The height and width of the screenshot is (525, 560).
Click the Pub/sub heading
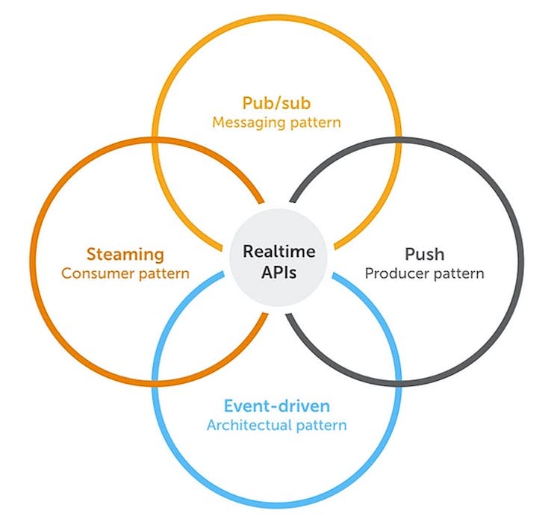[x=277, y=102]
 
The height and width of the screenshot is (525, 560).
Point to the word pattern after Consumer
[x=162, y=273]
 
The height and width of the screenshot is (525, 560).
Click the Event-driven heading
[x=277, y=407]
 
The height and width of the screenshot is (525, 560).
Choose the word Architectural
[x=242, y=426]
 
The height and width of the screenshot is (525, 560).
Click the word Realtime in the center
[x=279, y=252]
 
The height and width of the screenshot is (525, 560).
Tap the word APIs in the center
[x=279, y=272]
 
